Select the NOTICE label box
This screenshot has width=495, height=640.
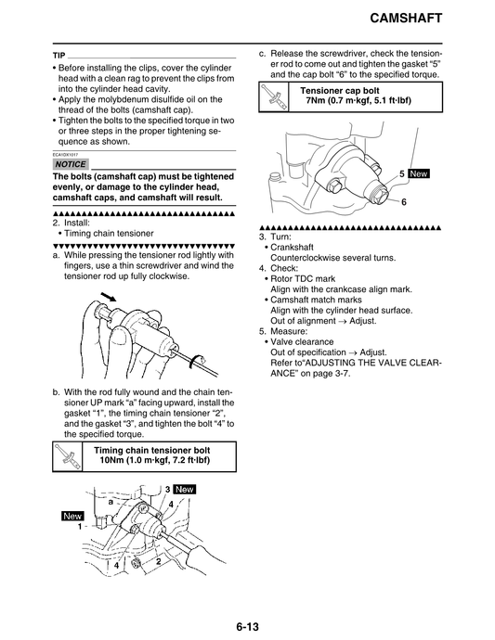[71, 164]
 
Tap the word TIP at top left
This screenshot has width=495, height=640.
[59, 56]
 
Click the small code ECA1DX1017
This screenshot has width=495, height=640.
[66, 154]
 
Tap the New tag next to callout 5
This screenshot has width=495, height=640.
[418, 173]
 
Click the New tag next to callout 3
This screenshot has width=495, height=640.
[184, 489]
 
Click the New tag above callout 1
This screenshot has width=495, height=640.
[72, 516]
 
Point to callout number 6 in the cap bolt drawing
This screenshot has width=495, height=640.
[404, 201]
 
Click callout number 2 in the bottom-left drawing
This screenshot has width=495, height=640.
[159, 561]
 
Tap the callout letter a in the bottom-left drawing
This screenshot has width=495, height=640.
[111, 501]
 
